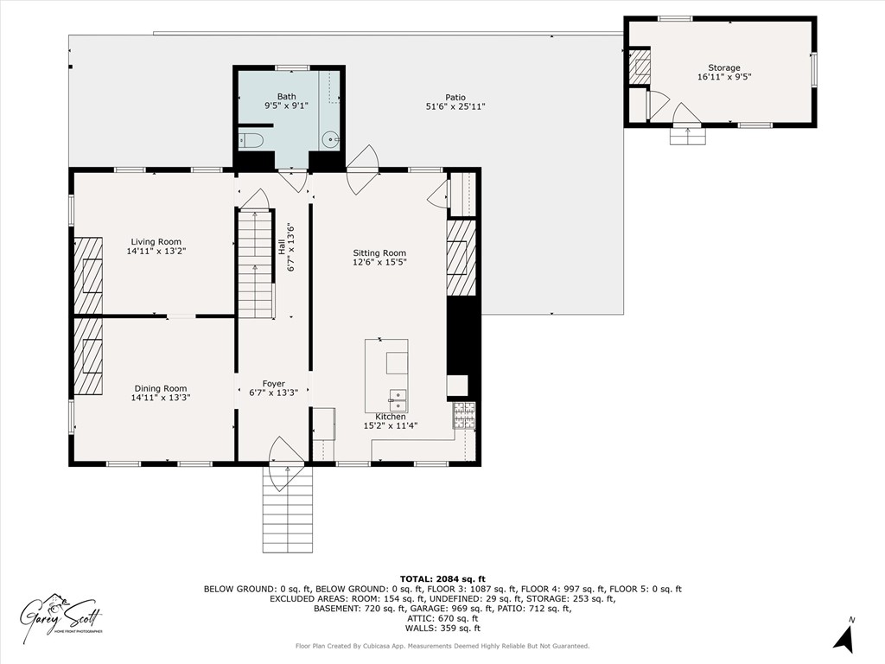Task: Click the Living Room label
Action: click(156, 242)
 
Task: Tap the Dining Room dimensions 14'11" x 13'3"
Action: click(160, 398)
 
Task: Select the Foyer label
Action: click(273, 384)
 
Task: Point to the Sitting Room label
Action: click(379, 253)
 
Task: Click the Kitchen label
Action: click(390, 417)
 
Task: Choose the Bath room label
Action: click(286, 97)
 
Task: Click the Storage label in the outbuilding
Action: click(724, 68)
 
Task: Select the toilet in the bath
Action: click(251, 140)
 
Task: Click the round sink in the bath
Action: click(330, 139)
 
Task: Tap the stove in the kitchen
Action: click(464, 416)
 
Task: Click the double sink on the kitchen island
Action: click(398, 399)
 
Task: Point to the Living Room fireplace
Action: click(88, 275)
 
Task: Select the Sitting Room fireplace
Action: click(461, 258)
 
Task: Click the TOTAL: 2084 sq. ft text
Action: click(442, 578)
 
